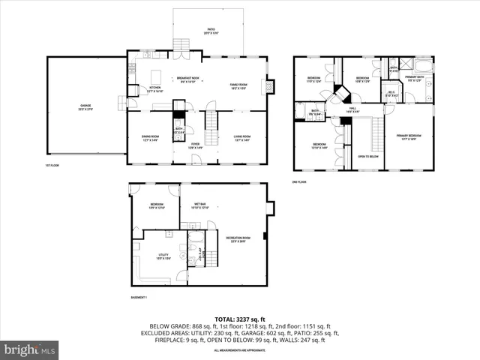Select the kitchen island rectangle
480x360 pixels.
157,78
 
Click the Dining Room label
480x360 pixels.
151,138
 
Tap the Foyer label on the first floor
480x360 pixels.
195,145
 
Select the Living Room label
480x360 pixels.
241,138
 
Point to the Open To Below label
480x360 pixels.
367,156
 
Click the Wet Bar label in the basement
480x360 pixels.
199,205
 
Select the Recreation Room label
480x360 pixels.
238,239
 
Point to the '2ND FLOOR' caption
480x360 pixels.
298,181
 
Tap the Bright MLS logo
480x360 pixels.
30,349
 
